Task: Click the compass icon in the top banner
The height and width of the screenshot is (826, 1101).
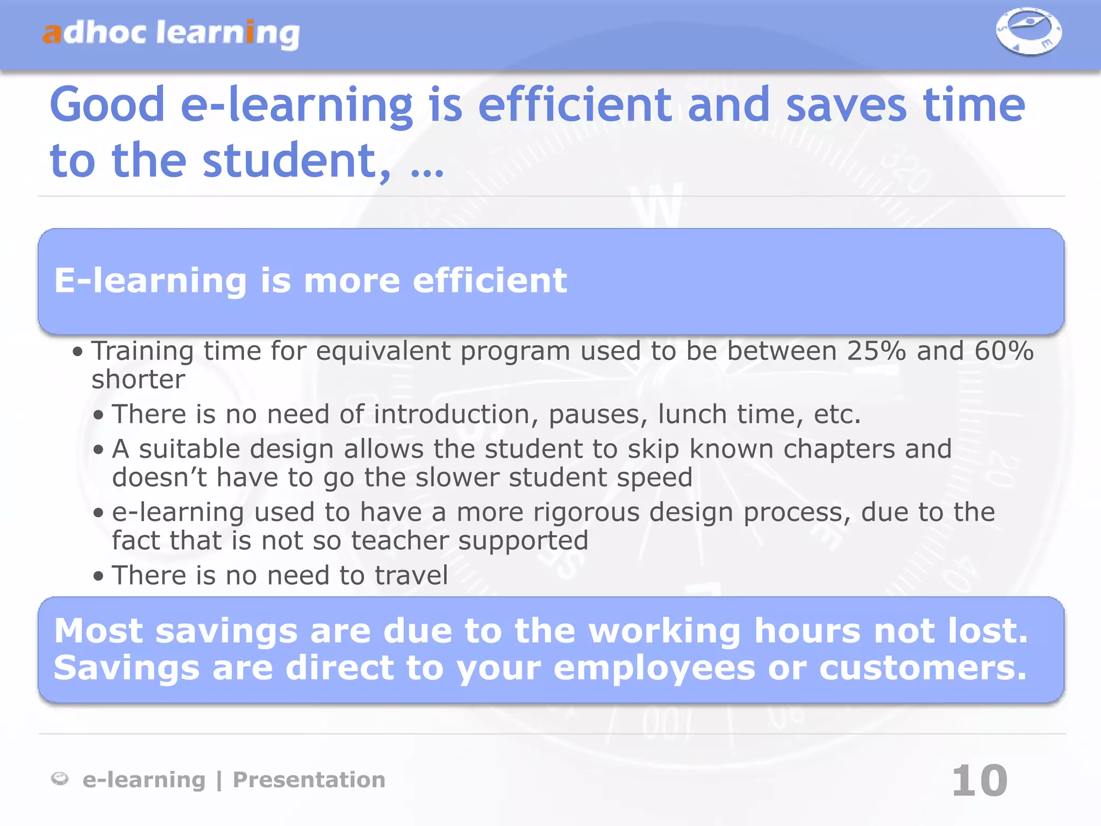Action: tap(1028, 31)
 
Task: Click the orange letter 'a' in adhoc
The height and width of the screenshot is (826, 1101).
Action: tap(52, 33)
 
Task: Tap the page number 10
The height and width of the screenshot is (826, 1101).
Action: tap(980, 781)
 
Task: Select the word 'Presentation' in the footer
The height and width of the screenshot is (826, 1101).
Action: tap(309, 780)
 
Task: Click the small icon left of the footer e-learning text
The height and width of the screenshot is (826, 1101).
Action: tap(60, 779)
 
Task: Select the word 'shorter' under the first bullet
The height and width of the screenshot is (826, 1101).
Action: tap(138, 380)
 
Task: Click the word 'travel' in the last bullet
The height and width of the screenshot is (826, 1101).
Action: tap(411, 575)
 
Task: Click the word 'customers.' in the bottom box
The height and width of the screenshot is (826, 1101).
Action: tap(923, 668)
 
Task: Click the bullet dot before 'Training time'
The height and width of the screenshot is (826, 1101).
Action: tap(78, 352)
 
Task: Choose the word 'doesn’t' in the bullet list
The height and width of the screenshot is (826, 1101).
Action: tap(159, 478)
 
